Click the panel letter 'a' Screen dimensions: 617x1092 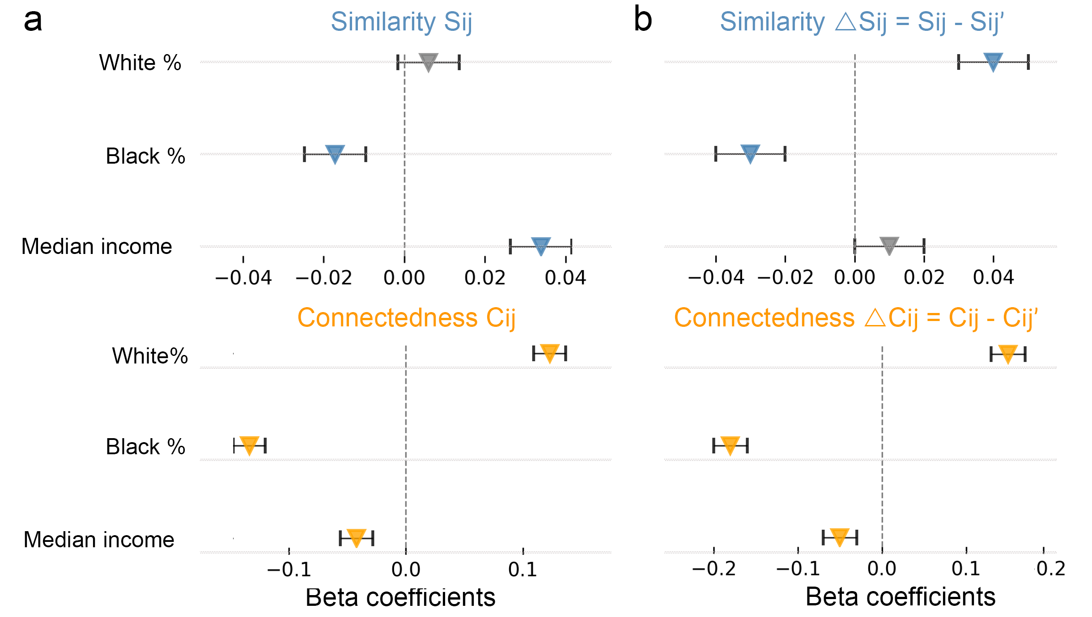(33, 21)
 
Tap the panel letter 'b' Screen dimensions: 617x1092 (643, 21)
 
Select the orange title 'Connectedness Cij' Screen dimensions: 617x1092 (406, 318)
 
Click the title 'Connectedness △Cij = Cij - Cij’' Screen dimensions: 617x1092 (856, 318)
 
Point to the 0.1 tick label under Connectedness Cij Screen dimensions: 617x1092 (523, 570)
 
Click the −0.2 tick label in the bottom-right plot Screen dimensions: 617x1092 (714, 569)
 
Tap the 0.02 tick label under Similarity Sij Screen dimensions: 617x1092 (485, 278)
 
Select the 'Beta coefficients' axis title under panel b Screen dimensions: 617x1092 (900, 597)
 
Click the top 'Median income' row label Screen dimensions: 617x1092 (97, 246)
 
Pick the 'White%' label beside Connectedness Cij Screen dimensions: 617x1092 (150, 356)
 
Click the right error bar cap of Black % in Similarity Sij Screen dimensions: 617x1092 (366, 154)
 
